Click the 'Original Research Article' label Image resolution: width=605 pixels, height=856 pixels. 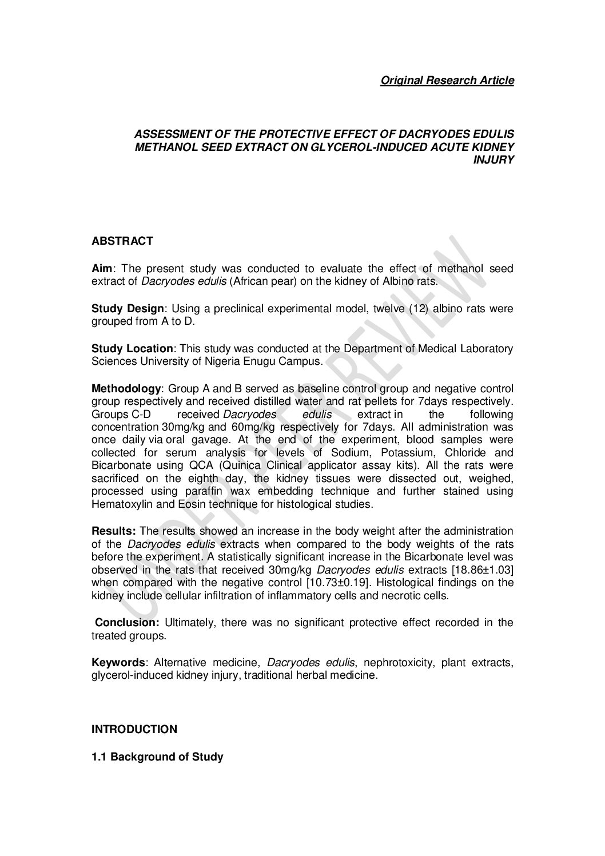coord(447,80)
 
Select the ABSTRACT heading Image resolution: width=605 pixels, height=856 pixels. coord(122,241)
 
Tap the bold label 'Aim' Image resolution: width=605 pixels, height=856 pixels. coord(102,268)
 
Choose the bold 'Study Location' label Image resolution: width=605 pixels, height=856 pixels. coord(132,348)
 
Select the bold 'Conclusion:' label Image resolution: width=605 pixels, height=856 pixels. coord(127,622)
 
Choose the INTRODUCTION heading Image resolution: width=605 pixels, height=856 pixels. coord(134,729)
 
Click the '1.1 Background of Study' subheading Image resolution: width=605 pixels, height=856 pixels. coord(157,757)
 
